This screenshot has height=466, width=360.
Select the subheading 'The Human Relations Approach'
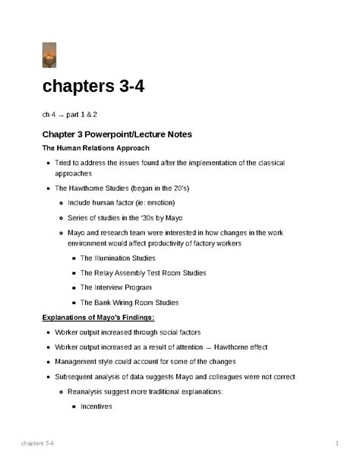click(96, 147)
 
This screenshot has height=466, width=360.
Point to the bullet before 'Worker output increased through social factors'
click(48, 333)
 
